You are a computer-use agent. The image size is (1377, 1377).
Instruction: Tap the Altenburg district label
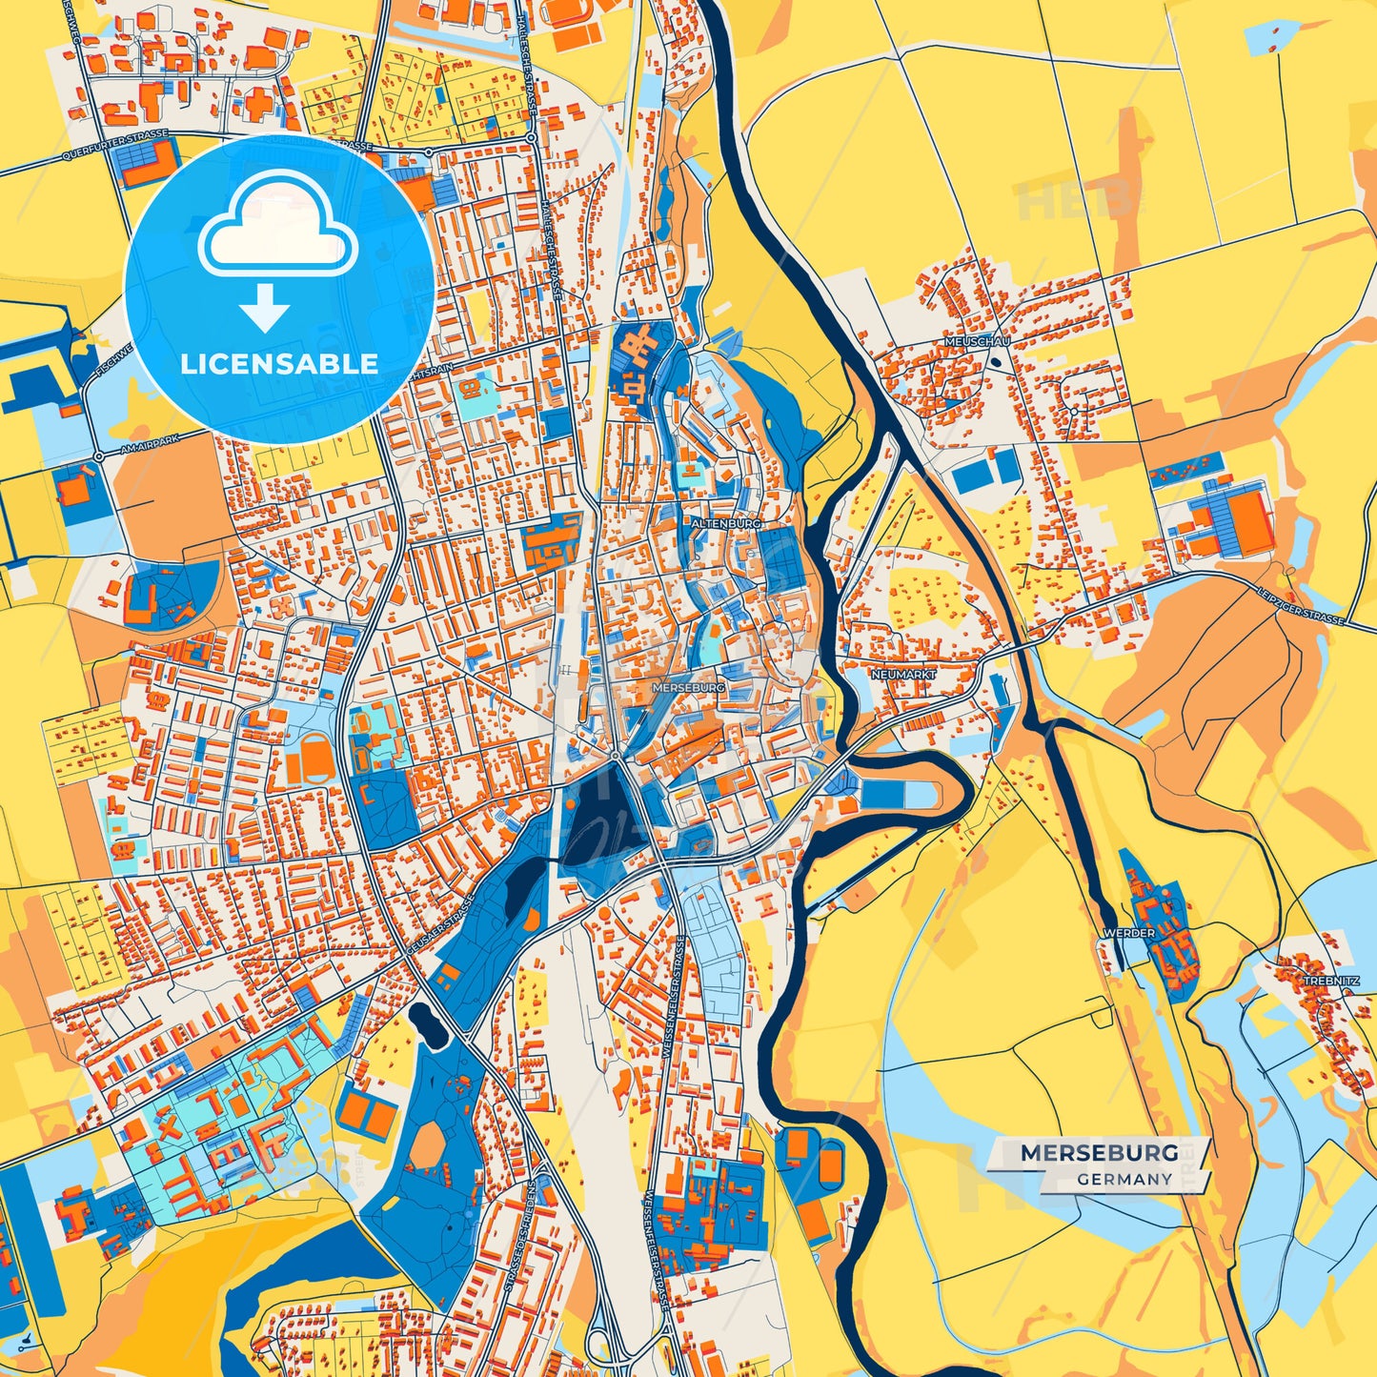pos(726,524)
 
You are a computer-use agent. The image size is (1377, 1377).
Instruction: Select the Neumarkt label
pos(903,674)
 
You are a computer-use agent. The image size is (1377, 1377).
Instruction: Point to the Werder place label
pos(1128,933)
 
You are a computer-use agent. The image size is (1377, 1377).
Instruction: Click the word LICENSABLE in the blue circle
pos(279,364)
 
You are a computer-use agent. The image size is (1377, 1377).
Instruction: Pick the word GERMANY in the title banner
pos(1124,1179)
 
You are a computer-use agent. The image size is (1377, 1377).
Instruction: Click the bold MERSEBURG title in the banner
pos(1099,1153)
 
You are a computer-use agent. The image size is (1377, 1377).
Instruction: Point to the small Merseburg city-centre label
pos(688,687)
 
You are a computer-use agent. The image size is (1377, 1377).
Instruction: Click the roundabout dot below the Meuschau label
pos(995,362)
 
